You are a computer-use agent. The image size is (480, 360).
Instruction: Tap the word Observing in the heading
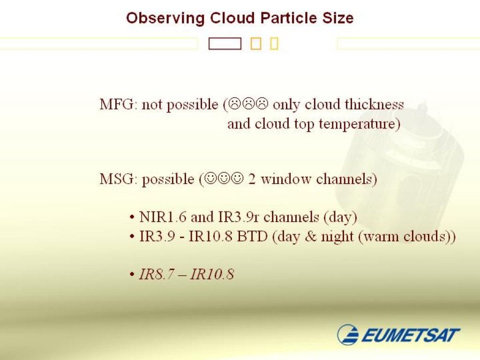[x=165, y=18]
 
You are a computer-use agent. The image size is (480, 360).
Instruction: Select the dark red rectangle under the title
[x=225, y=44]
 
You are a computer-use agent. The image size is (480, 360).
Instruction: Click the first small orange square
[x=256, y=44]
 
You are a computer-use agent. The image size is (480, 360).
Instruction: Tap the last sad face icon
[x=262, y=104]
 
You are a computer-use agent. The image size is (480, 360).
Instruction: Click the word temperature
[x=360, y=124]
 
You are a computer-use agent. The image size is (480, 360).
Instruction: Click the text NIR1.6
[x=163, y=217]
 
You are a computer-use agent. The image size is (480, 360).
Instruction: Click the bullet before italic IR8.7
[x=132, y=275]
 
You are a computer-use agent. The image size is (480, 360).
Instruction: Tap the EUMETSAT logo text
[x=411, y=335]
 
